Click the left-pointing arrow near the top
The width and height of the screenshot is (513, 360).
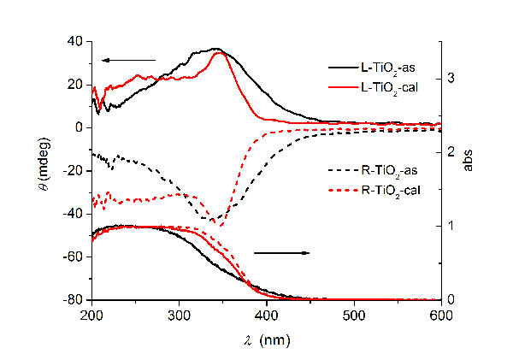127,60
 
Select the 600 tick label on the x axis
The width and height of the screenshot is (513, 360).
441,315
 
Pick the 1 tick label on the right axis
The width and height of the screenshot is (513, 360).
452,227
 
